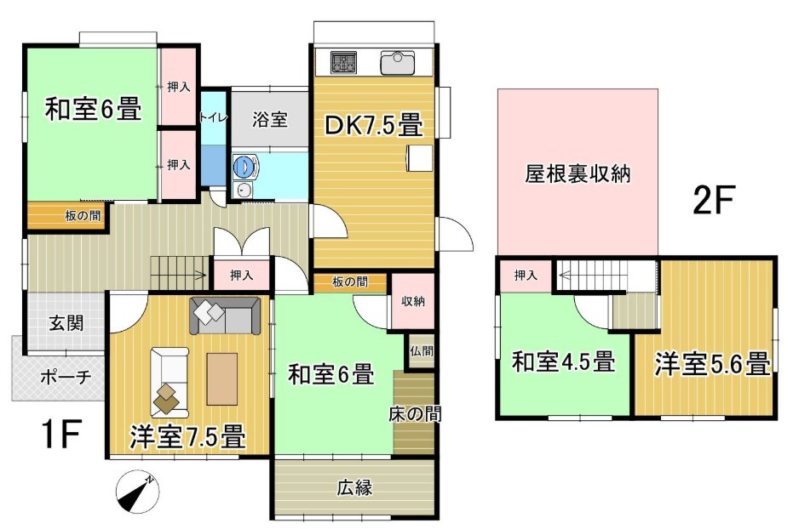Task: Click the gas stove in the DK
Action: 344,63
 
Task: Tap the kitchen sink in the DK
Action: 398,63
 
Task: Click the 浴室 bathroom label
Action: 271,120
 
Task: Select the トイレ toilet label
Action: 214,117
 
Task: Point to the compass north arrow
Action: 137,492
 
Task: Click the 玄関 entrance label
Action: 66,322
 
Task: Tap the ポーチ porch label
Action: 66,377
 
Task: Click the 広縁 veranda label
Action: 355,487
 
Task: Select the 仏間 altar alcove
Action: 422,351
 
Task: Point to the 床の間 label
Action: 415,414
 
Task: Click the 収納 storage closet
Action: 413,301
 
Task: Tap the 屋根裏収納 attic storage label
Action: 578,174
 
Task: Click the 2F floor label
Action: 713,200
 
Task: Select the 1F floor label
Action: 60,434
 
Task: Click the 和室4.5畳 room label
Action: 563,362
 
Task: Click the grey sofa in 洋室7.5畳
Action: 225,316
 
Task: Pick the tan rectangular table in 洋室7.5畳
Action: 222,378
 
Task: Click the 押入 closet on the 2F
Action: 526,275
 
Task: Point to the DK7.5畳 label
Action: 374,125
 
